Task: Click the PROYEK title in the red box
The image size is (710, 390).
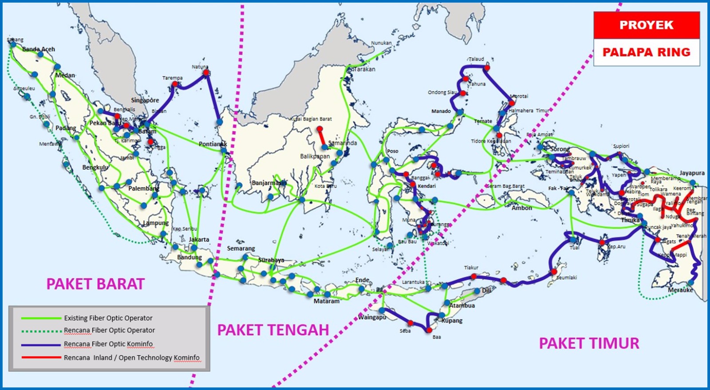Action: tap(646, 25)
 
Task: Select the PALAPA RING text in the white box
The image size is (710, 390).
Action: tap(646, 52)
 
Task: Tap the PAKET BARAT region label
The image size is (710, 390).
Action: tap(95, 284)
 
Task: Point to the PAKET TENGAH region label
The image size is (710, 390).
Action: tap(273, 330)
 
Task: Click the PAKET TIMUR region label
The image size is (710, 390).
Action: tap(589, 343)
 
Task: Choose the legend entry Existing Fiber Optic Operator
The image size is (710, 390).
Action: tap(108, 318)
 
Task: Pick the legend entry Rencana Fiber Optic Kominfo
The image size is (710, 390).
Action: tap(108, 344)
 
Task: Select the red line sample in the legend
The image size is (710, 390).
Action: tap(41, 357)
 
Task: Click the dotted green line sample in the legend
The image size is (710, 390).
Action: tap(41, 331)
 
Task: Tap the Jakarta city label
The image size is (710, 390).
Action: tap(199, 239)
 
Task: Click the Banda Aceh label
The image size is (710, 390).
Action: tap(39, 49)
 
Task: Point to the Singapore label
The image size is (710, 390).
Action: tap(145, 100)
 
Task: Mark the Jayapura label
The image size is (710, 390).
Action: tap(692, 173)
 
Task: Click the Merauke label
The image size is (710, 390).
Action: tap(680, 290)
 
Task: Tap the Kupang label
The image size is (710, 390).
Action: tap(452, 320)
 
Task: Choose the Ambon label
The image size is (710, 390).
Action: tap(522, 208)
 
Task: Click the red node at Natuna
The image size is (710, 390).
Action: tap(206, 72)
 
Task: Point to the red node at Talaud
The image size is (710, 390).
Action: tap(487, 68)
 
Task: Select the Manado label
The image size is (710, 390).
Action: tap(441, 111)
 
